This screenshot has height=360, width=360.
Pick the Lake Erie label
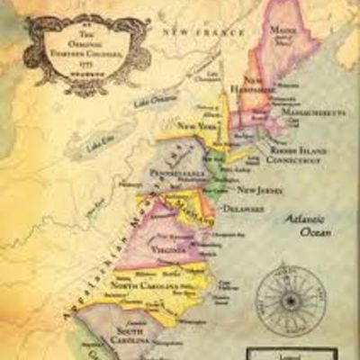pyautogui.click(x=102, y=144)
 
